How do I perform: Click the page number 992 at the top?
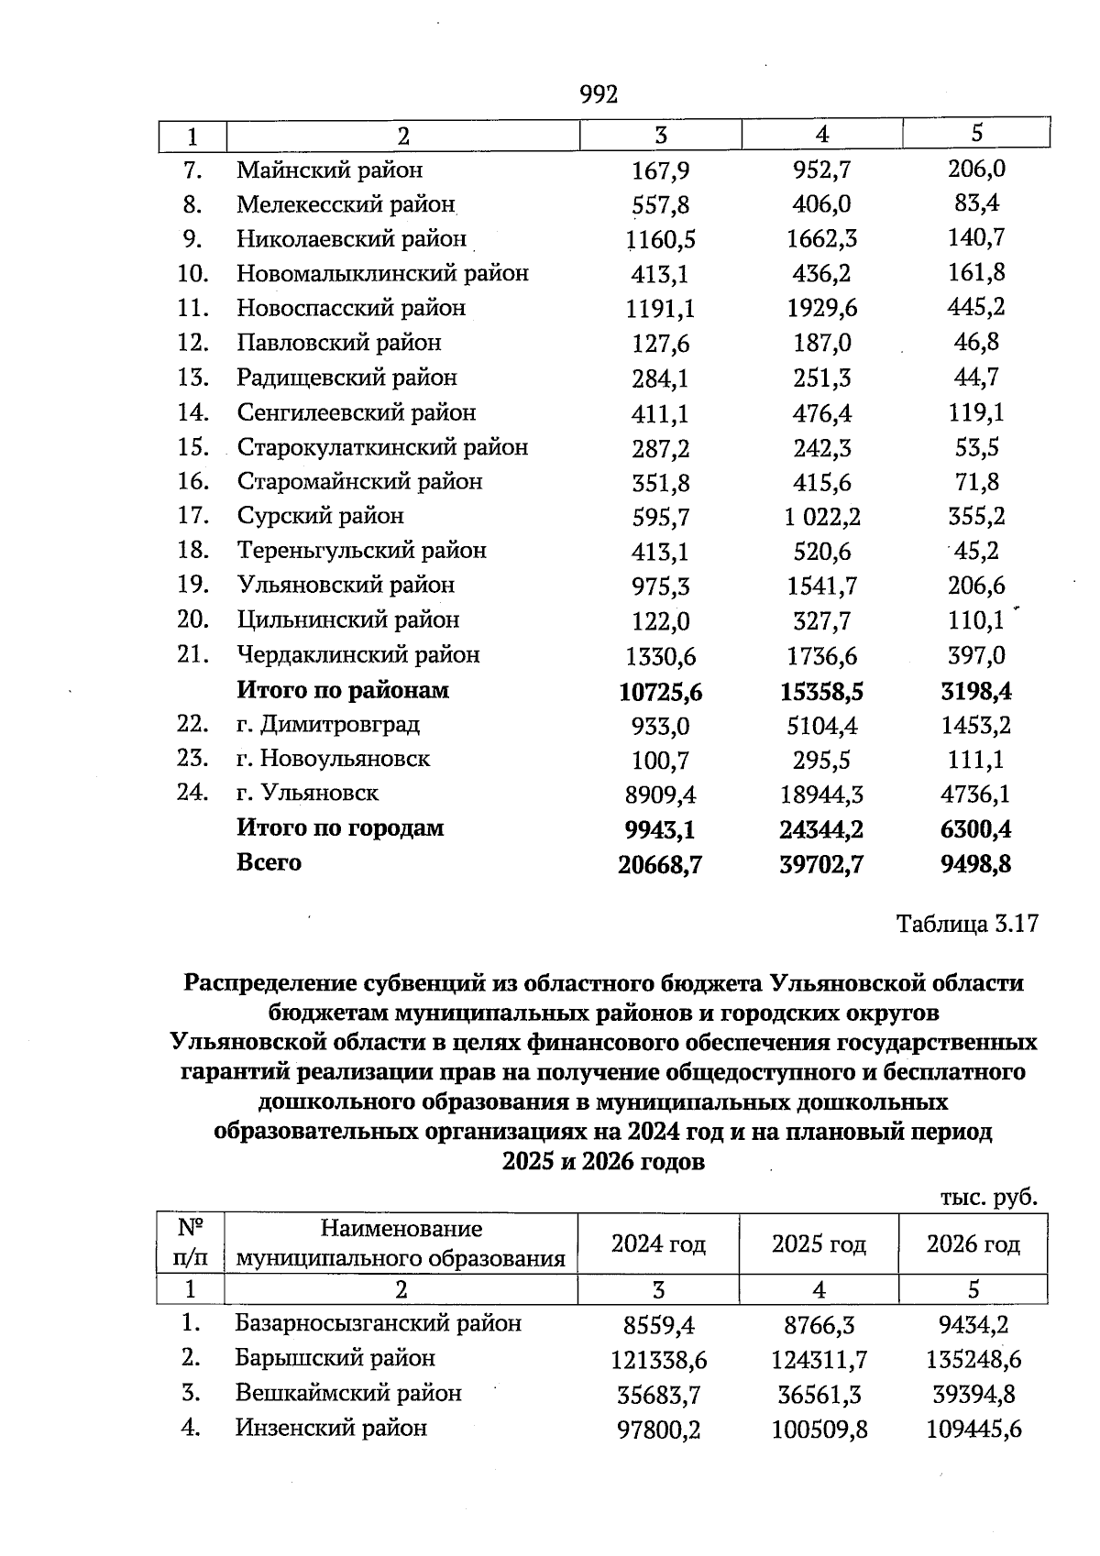click(x=599, y=94)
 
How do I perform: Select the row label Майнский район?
click(x=330, y=170)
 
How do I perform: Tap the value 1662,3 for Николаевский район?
click(x=821, y=239)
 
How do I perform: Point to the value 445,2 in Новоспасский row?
click(x=975, y=307)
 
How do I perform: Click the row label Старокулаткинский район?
click(x=382, y=447)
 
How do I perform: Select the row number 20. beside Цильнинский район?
click(x=193, y=619)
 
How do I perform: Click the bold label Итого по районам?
click(x=343, y=690)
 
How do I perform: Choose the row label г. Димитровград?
click(x=328, y=725)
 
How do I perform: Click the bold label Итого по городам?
click(x=340, y=828)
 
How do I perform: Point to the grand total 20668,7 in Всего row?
click(x=661, y=864)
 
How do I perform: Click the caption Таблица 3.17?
click(x=967, y=923)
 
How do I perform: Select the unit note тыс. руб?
click(x=988, y=1198)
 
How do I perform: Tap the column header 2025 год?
click(x=819, y=1244)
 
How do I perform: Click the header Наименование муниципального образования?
click(x=401, y=1244)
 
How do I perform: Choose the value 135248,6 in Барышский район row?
click(x=973, y=1360)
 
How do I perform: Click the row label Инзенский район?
click(x=331, y=1428)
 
